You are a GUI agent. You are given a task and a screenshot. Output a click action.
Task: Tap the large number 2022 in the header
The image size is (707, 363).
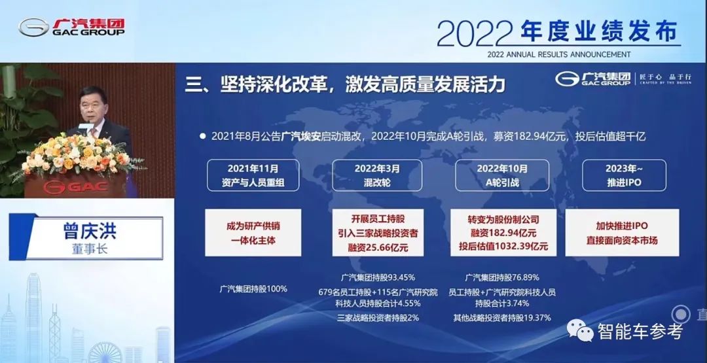tap(475, 31)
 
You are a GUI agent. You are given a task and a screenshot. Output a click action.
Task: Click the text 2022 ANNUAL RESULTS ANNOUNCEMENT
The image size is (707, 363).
tap(559, 54)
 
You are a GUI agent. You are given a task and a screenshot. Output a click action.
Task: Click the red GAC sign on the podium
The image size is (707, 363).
tap(74, 187)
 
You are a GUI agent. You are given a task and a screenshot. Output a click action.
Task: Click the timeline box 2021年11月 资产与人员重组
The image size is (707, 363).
tap(253, 175)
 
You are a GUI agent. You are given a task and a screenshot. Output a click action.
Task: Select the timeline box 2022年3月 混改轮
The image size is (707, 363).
tap(377, 175)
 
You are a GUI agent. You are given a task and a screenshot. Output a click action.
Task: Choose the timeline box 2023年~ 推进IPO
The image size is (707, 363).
tap(624, 175)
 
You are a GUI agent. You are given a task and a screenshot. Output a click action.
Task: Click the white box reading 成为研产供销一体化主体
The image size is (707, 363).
tap(253, 232)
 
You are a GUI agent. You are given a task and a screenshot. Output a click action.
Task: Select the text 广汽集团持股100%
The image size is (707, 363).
tap(253, 288)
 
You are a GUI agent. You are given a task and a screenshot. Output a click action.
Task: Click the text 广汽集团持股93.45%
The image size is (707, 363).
tap(378, 277)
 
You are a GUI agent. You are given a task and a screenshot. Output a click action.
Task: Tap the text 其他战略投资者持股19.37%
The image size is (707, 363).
tap(502, 318)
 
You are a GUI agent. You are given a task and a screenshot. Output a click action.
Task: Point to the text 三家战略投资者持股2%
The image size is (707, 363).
tap(378, 318)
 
